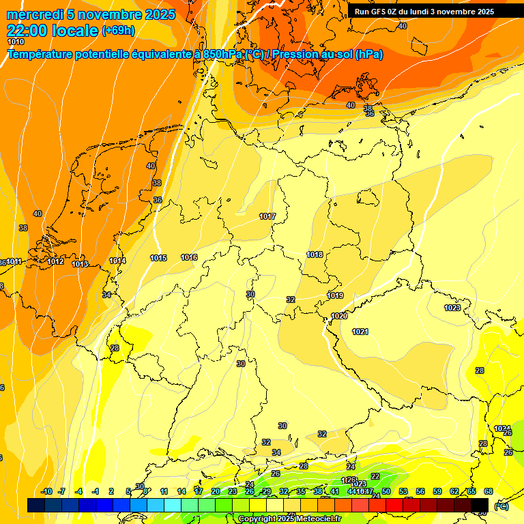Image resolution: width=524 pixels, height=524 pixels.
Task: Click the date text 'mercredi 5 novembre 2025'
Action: (x=91, y=14)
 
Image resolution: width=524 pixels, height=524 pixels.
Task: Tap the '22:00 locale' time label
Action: (x=52, y=30)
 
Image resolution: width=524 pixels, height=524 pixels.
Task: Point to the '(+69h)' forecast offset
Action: (x=118, y=30)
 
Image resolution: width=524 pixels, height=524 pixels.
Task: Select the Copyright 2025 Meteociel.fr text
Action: (x=289, y=519)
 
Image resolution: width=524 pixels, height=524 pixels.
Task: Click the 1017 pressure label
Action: (x=267, y=216)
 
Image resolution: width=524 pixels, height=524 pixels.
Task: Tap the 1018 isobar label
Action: (x=315, y=254)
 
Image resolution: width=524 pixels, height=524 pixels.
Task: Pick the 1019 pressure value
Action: (x=335, y=295)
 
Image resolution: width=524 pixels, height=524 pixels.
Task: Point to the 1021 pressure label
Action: (x=360, y=332)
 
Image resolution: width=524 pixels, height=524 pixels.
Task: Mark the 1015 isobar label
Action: (x=158, y=258)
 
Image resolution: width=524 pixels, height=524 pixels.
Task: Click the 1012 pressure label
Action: (x=55, y=261)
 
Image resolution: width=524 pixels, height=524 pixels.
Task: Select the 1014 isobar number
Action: (x=117, y=261)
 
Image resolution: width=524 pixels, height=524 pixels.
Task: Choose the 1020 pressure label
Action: (x=339, y=316)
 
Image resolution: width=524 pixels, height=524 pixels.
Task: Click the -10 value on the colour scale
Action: (x=47, y=491)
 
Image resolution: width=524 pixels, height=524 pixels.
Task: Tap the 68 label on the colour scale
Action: (x=489, y=491)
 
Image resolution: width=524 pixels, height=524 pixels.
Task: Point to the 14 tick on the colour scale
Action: (x=181, y=491)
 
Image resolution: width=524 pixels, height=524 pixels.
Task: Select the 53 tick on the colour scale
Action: (x=403, y=491)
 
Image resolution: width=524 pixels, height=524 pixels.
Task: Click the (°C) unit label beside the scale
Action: (x=501, y=506)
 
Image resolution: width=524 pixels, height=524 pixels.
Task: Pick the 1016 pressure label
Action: (x=189, y=257)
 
